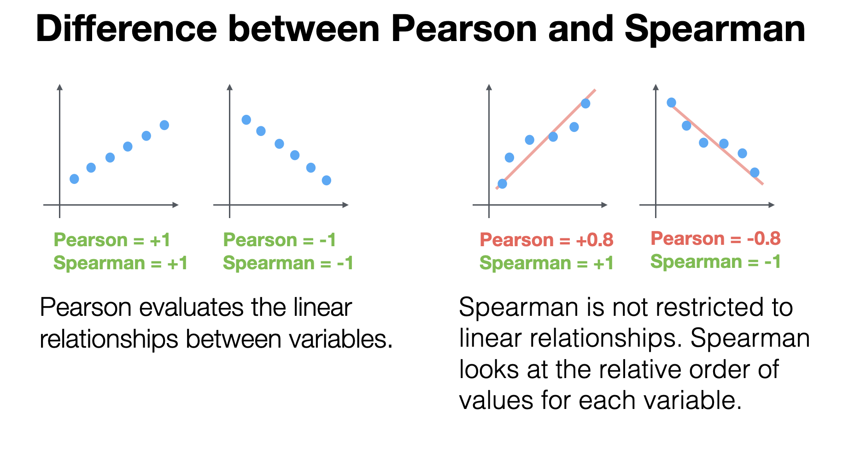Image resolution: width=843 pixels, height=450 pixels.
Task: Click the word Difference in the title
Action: pos(126,29)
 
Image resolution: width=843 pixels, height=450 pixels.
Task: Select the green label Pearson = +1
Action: pos(112,240)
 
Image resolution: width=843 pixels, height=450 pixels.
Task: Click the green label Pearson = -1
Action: pos(280,240)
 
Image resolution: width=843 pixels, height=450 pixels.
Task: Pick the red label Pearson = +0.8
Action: pos(546,240)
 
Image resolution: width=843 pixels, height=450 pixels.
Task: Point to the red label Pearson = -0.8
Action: pos(715,238)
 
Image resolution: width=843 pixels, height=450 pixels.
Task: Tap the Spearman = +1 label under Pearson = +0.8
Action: pos(546,263)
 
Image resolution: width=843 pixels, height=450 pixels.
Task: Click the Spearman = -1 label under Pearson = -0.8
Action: pos(715,262)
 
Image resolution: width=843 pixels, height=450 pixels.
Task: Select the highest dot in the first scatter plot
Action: pos(164,125)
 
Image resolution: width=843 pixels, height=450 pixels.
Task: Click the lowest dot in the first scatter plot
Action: pos(74,179)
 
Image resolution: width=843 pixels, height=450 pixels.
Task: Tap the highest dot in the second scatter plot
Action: pos(246,120)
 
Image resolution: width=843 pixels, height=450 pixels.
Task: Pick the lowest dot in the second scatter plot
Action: pos(327,180)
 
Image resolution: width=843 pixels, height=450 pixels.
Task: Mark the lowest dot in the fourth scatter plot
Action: pos(755,172)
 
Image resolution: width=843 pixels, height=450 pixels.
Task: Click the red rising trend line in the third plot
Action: pos(546,139)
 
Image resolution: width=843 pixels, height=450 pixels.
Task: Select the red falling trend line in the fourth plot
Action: pos(717,144)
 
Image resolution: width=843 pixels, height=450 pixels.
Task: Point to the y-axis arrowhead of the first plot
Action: pos(59,87)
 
